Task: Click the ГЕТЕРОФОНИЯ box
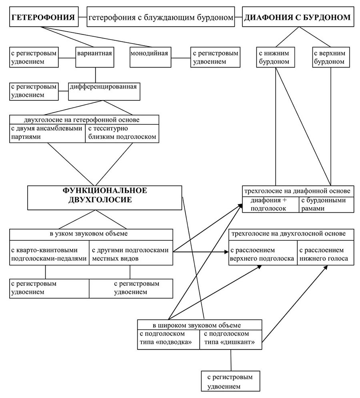(x=44, y=17)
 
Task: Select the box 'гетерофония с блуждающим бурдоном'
(x=161, y=17)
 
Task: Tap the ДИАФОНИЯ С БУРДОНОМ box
(x=298, y=17)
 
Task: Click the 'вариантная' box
(x=95, y=57)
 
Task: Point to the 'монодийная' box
(x=150, y=57)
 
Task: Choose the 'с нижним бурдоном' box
(x=276, y=57)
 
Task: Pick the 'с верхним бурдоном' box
(x=331, y=57)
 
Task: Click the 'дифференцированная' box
(x=104, y=91)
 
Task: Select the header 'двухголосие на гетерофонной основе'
(x=84, y=120)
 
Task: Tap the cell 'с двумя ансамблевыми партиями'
(x=48, y=134)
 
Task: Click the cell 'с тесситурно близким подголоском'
(x=122, y=134)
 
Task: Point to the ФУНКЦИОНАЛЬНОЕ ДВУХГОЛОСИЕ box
(x=104, y=198)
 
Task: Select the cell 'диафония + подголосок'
(x=271, y=204)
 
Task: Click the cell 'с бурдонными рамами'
(x=326, y=204)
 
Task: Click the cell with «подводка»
(x=168, y=340)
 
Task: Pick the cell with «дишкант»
(x=231, y=340)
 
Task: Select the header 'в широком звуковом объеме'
(x=200, y=325)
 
